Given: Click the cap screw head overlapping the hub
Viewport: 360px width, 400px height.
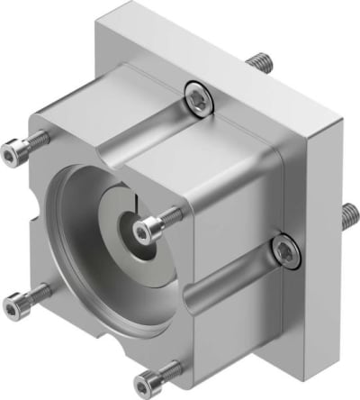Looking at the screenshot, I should (x=147, y=233).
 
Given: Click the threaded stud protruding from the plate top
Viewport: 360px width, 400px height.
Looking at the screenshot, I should (x=258, y=62).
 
